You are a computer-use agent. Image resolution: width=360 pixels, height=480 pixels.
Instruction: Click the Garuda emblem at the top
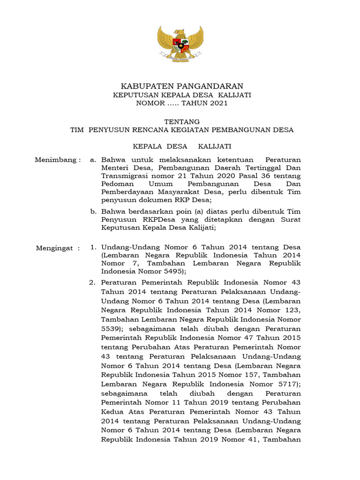pos(180,44)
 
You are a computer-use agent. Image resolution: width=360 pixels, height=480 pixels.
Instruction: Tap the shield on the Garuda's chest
pos(180,46)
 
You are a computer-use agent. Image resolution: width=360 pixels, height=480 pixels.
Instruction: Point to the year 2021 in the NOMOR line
pos(218,103)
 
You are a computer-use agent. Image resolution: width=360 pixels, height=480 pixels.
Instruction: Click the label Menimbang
pos(55,160)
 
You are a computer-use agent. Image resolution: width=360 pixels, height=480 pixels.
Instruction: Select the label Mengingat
pos(55,248)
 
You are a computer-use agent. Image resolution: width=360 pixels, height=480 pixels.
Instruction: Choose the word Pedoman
pos(116,184)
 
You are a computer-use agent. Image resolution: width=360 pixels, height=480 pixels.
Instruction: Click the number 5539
pos(110,329)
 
